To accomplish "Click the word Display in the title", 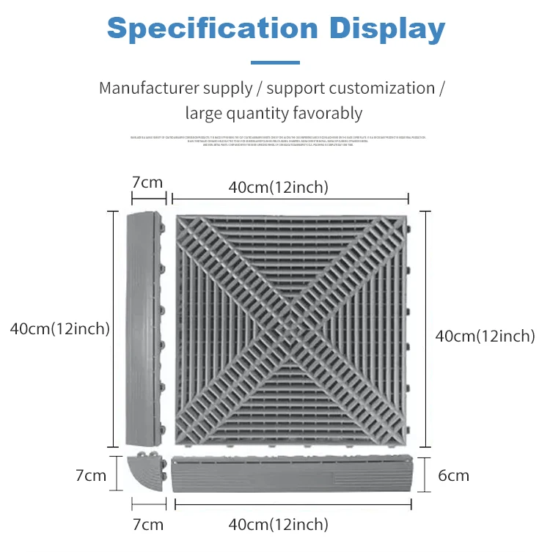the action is [x=386, y=29].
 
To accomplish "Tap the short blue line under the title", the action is [x=275, y=63].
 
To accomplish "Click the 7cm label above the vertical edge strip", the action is [x=147, y=183].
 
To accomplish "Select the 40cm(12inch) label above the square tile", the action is [x=278, y=188].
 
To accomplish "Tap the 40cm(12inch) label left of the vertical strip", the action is [x=59, y=329].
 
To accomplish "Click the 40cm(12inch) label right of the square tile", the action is [x=485, y=336].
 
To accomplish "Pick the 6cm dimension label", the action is [x=454, y=475].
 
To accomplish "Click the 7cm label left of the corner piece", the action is [x=91, y=475].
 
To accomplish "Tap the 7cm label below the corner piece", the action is [x=147, y=524].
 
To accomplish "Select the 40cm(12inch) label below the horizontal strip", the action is [x=278, y=524].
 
